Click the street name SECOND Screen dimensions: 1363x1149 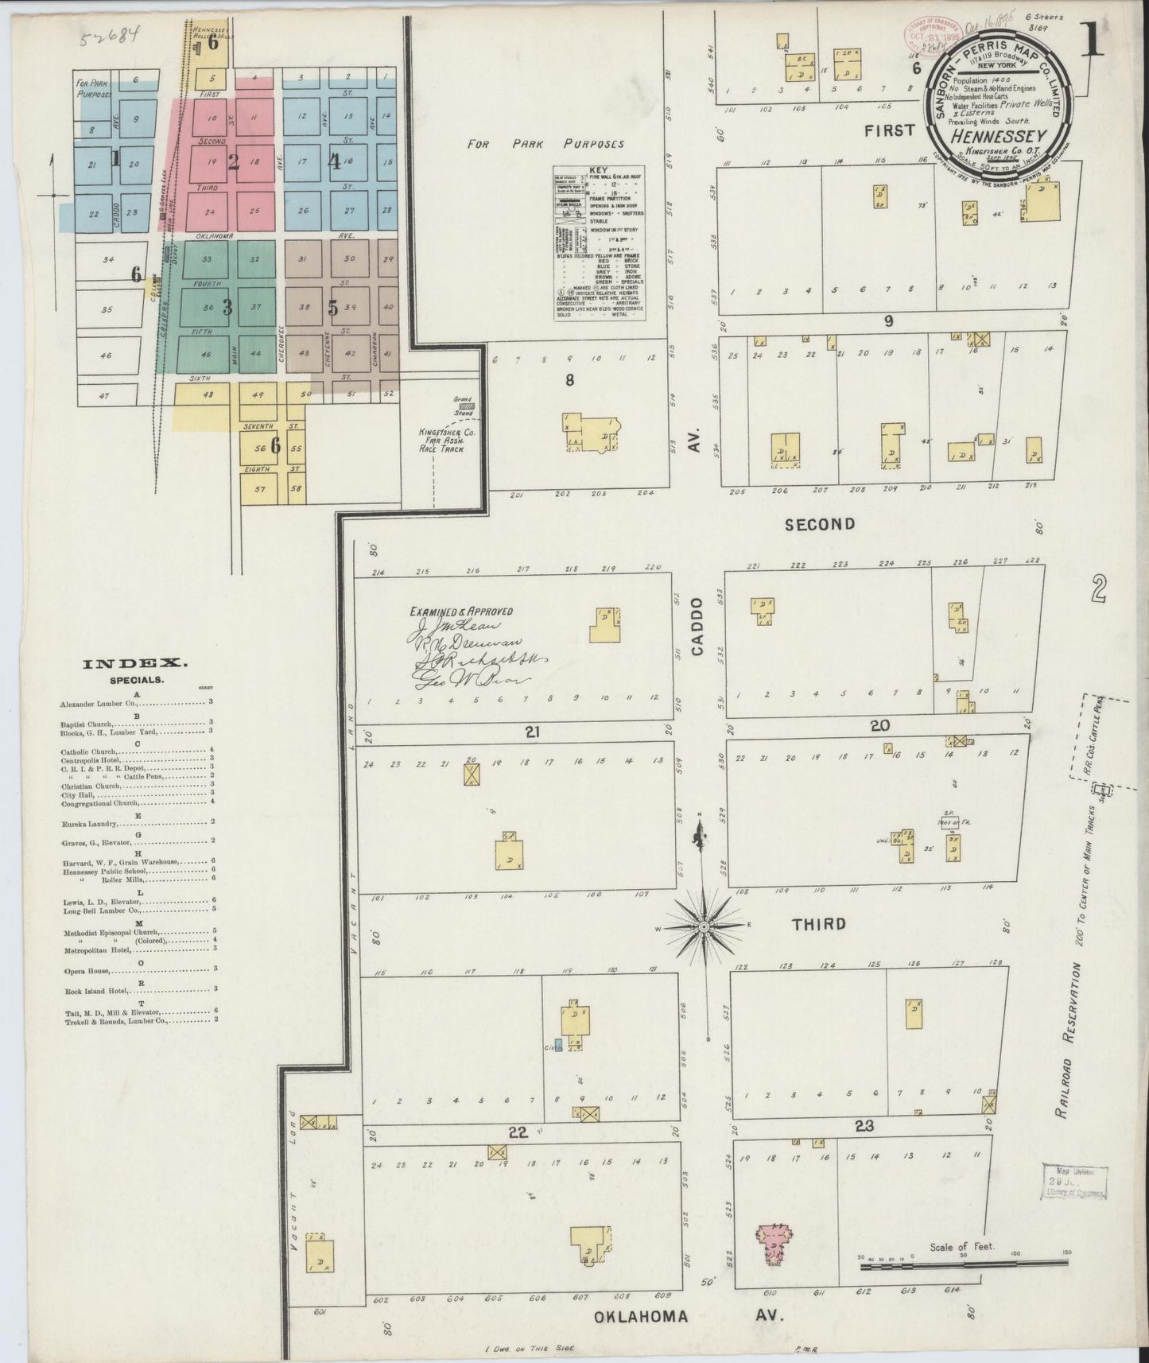(819, 524)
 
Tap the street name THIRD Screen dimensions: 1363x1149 (818, 924)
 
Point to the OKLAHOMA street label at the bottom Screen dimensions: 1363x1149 (642, 1316)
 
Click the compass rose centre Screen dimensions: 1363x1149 (704, 928)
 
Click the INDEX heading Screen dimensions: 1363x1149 (135, 662)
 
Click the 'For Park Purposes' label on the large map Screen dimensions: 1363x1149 (545, 144)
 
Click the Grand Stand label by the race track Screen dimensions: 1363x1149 (463, 400)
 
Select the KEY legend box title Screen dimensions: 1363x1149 (598, 170)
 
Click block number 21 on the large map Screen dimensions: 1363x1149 (532, 732)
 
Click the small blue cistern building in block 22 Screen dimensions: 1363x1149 (559, 1044)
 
